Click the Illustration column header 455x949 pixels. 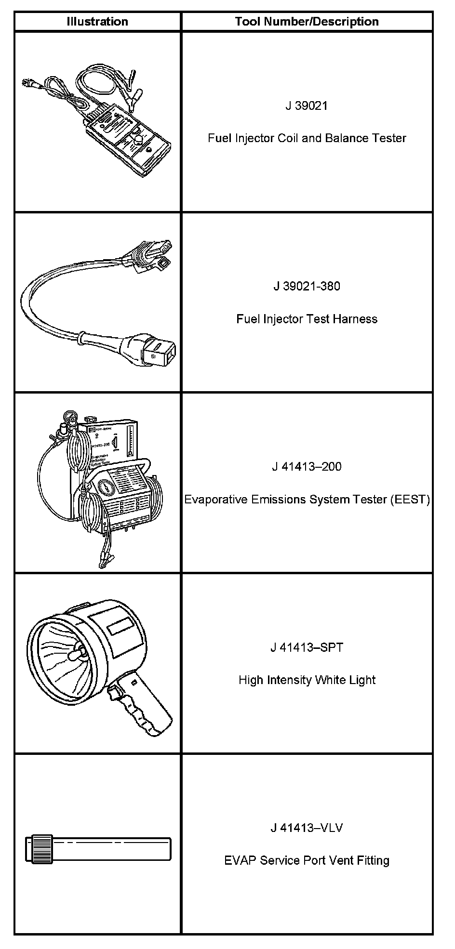97,22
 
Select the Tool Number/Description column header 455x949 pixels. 307,22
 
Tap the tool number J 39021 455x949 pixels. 307,105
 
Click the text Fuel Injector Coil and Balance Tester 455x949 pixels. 307,138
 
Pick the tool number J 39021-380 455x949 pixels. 307,286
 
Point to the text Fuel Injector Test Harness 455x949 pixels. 307,319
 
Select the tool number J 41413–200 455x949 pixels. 307,466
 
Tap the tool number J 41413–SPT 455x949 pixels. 307,647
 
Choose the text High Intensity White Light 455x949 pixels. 307,680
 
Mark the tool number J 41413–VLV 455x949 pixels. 307,828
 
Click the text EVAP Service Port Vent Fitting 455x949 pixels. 307,860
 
